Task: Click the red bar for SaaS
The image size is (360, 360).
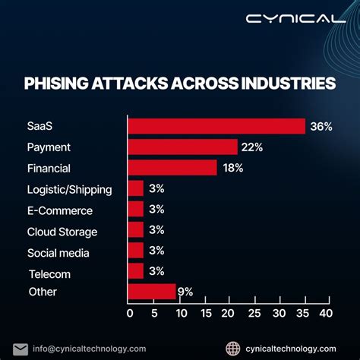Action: (216, 126)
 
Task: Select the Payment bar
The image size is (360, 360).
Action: (183, 147)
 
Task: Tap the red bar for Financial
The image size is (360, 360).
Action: (172, 168)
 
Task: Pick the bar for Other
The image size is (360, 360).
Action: (152, 292)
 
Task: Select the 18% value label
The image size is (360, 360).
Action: (232, 168)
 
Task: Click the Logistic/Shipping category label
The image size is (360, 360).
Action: (70, 189)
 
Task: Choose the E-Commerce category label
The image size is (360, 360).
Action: (60, 210)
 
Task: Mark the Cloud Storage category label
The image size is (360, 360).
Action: (62, 232)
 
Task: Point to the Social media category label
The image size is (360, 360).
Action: (58, 253)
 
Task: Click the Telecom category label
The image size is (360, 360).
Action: (50, 273)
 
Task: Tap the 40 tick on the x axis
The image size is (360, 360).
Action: (325, 312)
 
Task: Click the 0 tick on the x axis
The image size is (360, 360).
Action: (130, 312)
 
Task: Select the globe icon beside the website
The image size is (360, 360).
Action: (234, 347)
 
